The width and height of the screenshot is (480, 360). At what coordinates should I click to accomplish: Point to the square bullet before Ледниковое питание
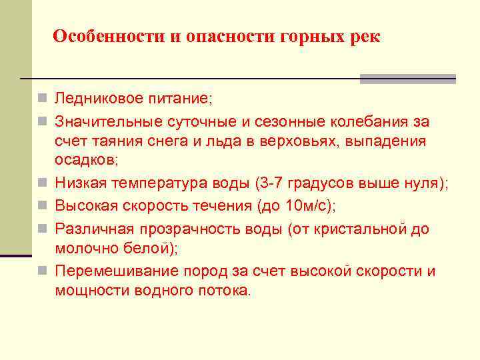pos(42,99)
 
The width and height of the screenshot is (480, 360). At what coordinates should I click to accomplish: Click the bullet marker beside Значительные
pos(42,122)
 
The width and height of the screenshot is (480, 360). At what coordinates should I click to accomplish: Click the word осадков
pos(85,161)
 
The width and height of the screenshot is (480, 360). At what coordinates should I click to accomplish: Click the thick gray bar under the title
pos(407,79)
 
